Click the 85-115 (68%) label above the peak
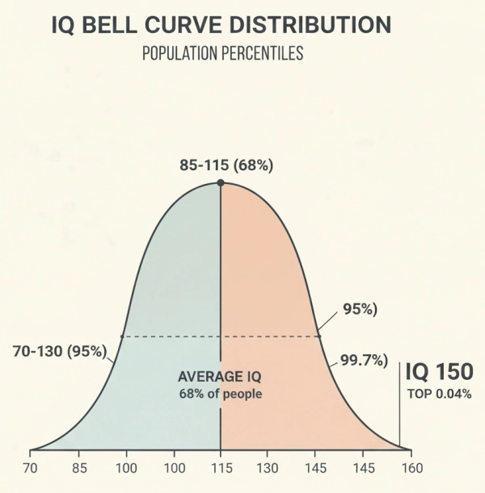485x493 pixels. click(x=226, y=165)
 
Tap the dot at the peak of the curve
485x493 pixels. click(x=221, y=183)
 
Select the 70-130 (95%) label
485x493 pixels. click(x=60, y=351)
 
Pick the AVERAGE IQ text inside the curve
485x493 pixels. click(x=221, y=377)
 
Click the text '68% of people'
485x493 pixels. click(x=221, y=394)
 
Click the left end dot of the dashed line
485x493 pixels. click(x=122, y=336)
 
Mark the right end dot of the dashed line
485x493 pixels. click(x=318, y=336)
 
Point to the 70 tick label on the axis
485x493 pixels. click(x=31, y=467)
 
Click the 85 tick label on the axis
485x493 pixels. click(x=78, y=467)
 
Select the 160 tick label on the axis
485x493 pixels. click(x=411, y=467)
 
